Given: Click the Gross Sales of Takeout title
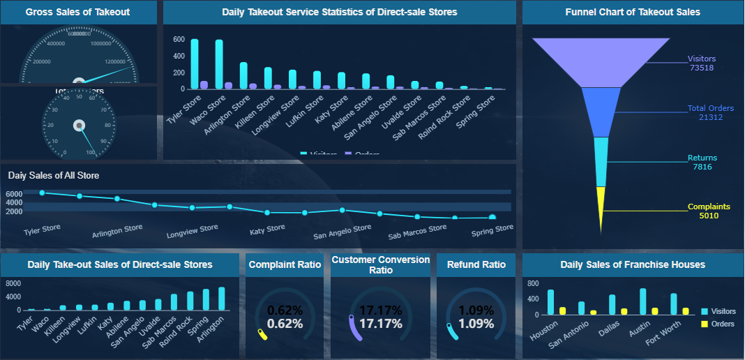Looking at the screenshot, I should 77,12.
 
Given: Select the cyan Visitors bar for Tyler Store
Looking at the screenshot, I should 195,64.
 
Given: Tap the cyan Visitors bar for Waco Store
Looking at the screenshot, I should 219,64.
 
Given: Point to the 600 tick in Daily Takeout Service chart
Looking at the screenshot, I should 179,40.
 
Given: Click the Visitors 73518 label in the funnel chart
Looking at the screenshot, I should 701,63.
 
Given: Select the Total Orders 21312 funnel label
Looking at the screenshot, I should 710,113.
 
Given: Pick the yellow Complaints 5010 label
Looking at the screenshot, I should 709,211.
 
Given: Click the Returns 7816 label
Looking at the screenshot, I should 702,163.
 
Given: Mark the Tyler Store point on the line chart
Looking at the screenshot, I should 43,193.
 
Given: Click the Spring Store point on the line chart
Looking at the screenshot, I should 492,218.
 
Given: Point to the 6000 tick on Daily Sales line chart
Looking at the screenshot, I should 14,194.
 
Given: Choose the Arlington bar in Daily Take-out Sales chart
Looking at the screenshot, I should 222,299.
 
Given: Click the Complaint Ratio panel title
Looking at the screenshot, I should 285,265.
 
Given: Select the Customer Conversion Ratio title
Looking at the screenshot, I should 380,265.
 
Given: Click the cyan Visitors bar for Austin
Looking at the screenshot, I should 643,301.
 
